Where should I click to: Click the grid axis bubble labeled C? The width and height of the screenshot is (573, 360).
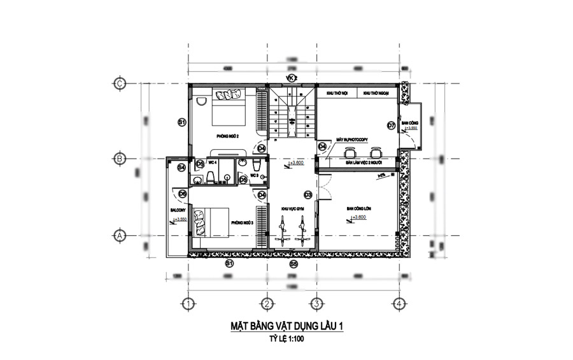(118, 83)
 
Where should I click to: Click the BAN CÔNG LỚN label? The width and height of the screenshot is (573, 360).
(358, 208)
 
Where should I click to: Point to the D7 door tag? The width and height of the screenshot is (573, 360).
(391, 126)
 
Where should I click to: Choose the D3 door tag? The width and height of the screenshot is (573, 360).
(308, 194)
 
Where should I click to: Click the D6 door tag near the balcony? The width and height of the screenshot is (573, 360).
(182, 193)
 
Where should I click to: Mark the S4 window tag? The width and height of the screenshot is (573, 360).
(181, 168)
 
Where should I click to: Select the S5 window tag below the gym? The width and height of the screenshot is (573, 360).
(293, 263)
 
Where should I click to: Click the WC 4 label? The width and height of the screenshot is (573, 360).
(211, 162)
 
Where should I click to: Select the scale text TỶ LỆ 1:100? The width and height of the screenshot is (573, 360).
(286, 341)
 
